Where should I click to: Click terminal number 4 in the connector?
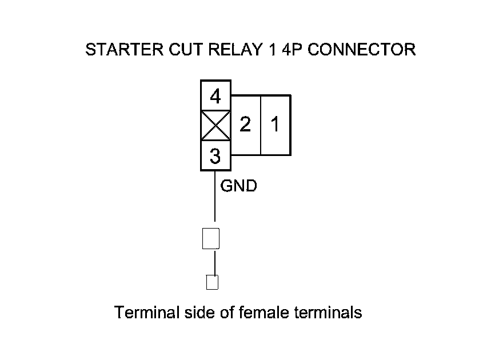215,96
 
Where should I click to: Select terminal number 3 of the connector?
215,155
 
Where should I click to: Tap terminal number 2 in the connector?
245,125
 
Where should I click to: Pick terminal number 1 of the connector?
275,125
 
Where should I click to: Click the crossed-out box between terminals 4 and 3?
215,126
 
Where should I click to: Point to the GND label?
238,186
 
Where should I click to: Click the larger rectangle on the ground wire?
211,238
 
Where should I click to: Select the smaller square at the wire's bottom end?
212,282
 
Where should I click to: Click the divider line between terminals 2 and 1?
261,125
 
